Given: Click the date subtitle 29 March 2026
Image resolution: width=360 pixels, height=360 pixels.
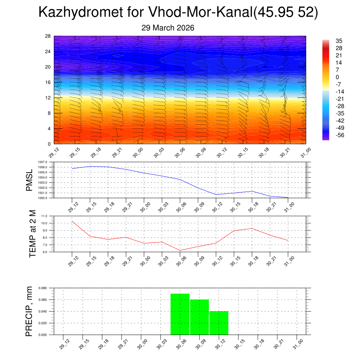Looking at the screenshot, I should click(168, 28).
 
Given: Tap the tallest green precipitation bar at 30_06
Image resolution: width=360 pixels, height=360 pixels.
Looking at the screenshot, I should click(180, 314).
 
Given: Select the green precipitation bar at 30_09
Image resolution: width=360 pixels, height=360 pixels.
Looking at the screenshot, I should click(199, 317).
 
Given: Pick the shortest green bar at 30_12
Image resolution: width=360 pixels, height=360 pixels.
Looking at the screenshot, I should click(219, 323).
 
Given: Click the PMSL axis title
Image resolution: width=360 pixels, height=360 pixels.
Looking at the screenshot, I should click(29, 180).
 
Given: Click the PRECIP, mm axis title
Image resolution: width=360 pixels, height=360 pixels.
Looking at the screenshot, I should click(29, 311).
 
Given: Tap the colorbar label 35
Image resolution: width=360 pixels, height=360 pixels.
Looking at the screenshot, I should click(339, 41).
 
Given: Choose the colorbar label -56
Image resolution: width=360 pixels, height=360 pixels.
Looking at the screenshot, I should click(340, 135).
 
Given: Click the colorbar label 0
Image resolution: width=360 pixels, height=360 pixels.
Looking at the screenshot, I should click(337, 77).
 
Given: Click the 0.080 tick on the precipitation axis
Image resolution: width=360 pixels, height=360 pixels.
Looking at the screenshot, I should click(42, 288).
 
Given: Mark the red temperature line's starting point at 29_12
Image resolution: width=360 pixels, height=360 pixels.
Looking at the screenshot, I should click(72, 221).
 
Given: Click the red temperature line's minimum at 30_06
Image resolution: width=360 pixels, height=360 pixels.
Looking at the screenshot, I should click(180, 250).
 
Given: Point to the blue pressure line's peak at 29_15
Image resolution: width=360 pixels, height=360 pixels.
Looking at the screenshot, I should click(90, 166).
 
